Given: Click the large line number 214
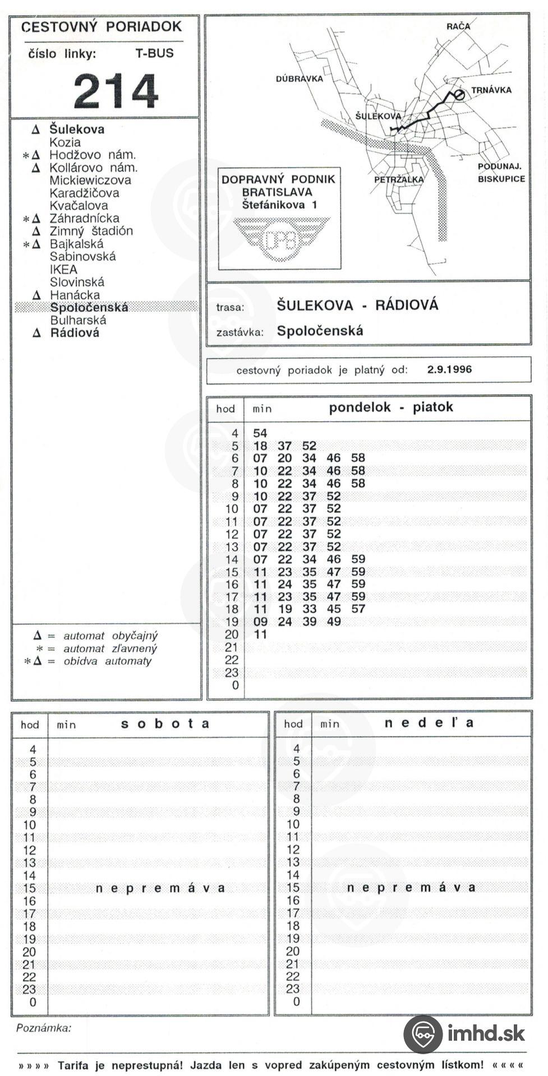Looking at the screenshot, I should (x=116, y=91).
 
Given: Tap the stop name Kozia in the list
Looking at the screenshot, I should (x=65, y=142).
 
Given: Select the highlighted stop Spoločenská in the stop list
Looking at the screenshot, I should (x=89, y=307).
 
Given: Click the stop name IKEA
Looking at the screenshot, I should (x=63, y=269).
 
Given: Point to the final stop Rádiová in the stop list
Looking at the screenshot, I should (x=75, y=333).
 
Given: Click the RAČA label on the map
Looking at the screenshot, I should (x=458, y=26).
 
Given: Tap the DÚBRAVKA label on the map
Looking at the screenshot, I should (x=299, y=78).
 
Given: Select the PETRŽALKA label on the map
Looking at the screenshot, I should (x=399, y=180).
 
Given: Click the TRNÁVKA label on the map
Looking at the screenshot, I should (x=491, y=90).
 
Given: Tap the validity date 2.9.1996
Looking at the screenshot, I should (x=449, y=370).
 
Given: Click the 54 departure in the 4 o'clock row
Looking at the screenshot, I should (x=260, y=433).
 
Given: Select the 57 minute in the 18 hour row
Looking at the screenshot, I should (x=358, y=609).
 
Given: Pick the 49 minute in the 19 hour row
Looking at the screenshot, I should (x=334, y=622).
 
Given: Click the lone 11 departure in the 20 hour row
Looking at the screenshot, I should (x=260, y=634).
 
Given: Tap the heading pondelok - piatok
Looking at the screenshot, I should (x=390, y=407).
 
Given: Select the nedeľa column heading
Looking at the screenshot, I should (x=429, y=723).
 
